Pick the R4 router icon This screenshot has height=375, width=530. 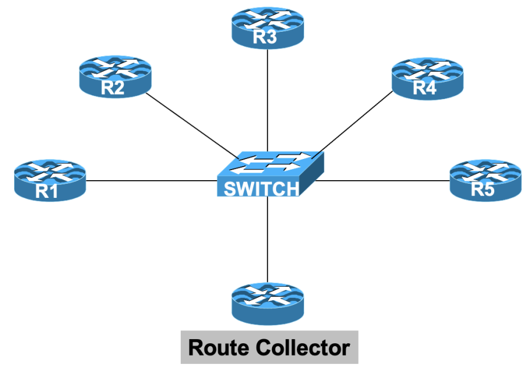(x=427, y=78)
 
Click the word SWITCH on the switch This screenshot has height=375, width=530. (x=261, y=189)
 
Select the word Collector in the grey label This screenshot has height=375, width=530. (x=301, y=347)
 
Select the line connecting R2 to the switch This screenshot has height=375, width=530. (x=191, y=125)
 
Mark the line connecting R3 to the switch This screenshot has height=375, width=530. (x=268, y=100)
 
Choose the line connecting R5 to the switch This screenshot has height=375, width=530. (x=383, y=180)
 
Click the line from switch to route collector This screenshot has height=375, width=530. (x=268, y=241)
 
